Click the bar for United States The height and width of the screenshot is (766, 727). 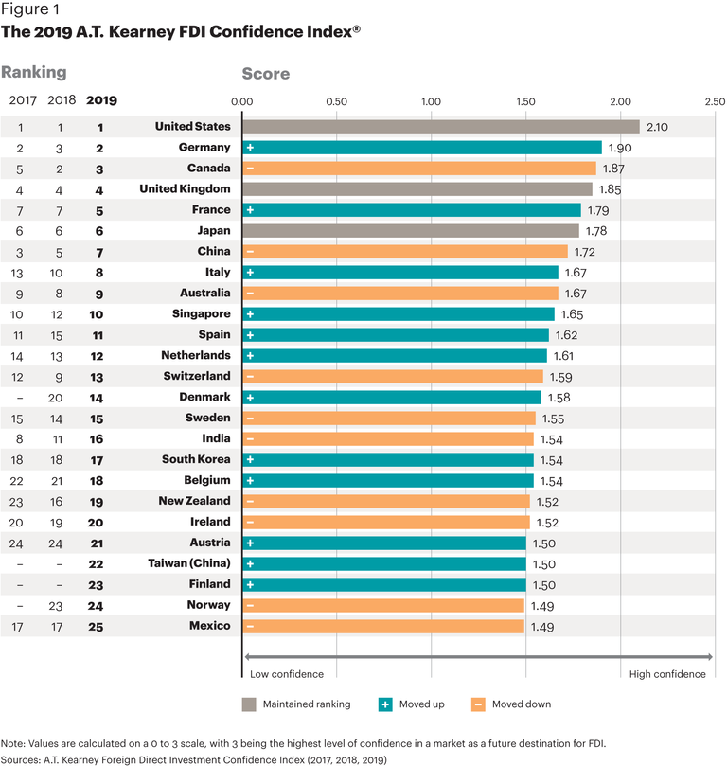[x=441, y=127]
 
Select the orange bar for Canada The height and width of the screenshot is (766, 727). [x=419, y=169]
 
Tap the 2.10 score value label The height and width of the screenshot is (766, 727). [x=658, y=127]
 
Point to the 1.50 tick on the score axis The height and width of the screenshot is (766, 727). [x=525, y=101]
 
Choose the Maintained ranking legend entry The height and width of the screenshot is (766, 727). [x=290, y=704]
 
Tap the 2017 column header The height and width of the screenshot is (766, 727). [x=22, y=100]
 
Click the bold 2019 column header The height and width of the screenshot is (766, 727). [x=101, y=100]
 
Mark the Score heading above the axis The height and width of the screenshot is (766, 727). [x=266, y=74]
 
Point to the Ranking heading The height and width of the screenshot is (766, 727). [x=34, y=72]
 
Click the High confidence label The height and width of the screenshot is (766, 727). [x=667, y=674]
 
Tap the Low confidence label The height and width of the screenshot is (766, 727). [x=287, y=674]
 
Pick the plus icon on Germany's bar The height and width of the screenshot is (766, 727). [x=250, y=148]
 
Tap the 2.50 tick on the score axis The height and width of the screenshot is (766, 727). [x=715, y=101]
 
